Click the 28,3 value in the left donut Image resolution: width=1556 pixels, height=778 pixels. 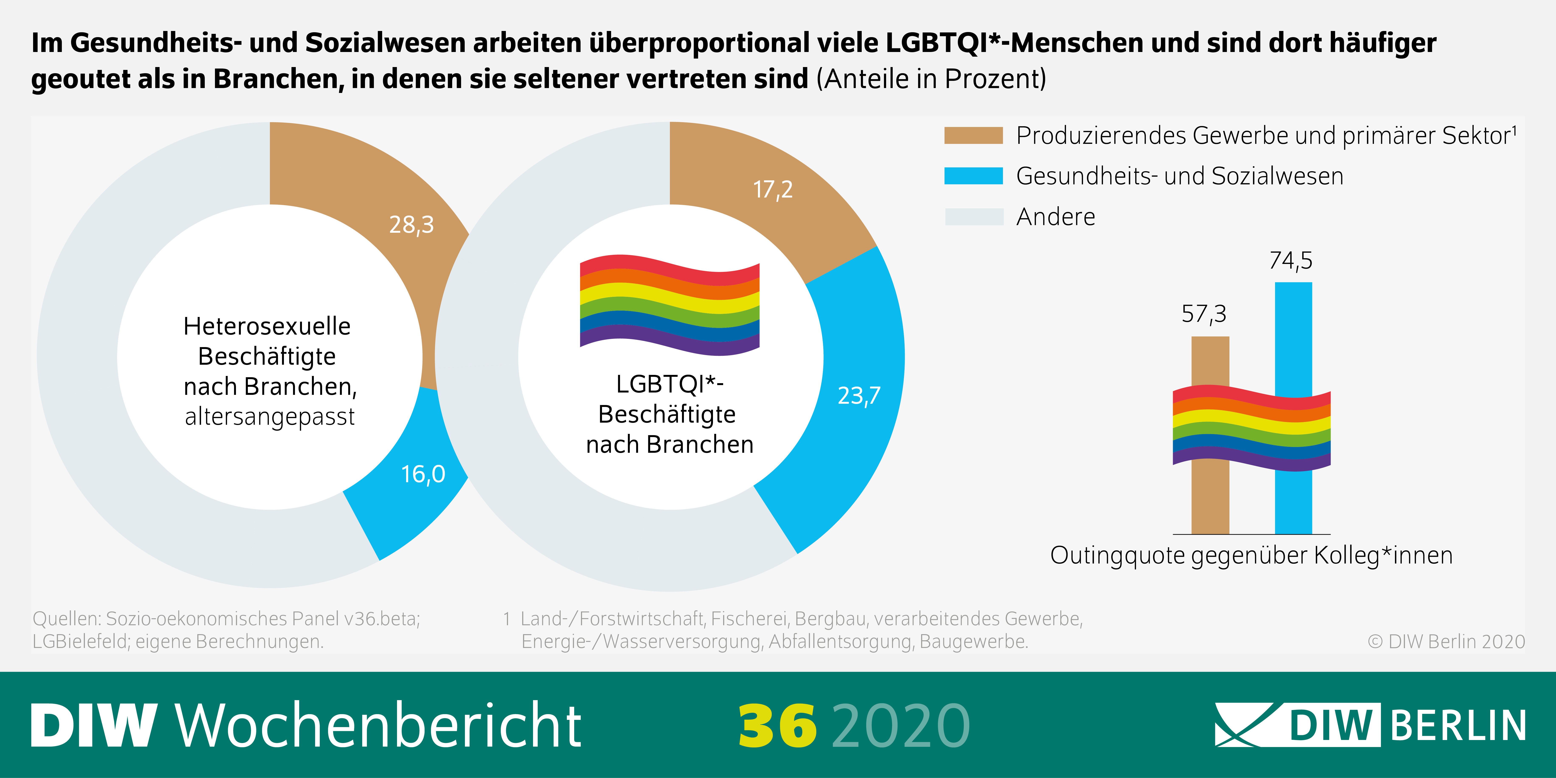411,225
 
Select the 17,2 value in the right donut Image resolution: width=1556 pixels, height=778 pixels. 773,190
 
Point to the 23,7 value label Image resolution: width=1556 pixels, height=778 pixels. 858,396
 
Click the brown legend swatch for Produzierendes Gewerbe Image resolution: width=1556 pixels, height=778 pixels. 973,135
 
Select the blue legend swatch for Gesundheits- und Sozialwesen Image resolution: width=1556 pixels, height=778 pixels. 973,176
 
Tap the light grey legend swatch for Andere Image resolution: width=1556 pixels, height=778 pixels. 973,216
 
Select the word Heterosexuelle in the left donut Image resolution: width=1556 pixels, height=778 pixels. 267,326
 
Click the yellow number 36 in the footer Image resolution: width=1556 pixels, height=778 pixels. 777,725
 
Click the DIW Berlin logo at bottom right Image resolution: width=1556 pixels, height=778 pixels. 1370,725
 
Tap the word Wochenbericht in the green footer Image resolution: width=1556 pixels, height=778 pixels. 378,725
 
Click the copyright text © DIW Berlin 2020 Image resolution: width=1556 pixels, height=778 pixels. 1446,642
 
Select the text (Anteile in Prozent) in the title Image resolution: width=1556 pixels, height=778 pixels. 931,79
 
